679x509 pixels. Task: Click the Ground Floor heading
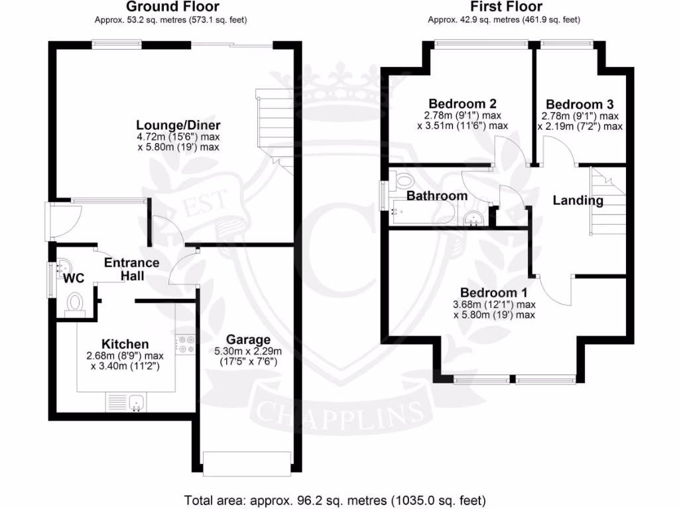(172, 7)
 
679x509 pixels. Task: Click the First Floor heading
(506, 7)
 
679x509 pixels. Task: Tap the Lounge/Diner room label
(178, 125)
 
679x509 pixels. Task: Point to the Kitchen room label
(125, 344)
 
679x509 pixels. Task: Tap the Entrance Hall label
(132, 269)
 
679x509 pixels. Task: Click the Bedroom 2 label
(462, 104)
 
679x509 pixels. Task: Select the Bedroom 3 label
(580, 104)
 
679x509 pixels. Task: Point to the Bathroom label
(437, 196)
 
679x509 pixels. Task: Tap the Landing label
(578, 200)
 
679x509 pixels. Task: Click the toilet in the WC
(74, 303)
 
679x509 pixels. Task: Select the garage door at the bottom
(247, 462)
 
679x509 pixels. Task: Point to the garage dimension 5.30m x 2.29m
(248, 351)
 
